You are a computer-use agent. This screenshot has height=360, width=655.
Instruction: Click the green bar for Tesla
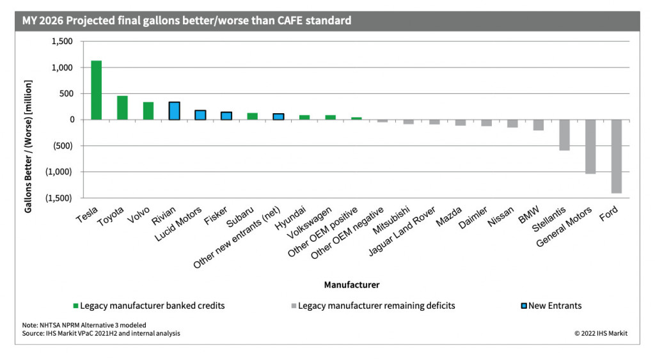[x=97, y=90]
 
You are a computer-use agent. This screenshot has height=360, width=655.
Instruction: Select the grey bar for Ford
[x=616, y=156]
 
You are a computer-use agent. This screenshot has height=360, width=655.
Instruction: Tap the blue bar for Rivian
[x=174, y=111]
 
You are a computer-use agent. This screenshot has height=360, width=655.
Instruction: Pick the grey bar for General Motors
[x=590, y=146]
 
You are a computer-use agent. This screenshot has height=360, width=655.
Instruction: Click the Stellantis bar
[x=564, y=135]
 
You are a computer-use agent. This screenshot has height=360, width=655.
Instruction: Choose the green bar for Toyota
[x=122, y=107]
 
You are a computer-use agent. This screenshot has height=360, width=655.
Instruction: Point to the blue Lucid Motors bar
[x=200, y=115]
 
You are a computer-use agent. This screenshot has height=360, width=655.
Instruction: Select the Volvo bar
[x=148, y=111]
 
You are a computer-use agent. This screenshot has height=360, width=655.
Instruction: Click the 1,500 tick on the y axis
[x=62, y=42]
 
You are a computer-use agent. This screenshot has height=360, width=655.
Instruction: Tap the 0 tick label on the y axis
[x=70, y=120]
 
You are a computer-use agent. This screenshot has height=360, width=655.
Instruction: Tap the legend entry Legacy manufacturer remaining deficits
[x=376, y=306]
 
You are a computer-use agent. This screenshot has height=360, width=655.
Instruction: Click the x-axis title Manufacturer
[x=351, y=284]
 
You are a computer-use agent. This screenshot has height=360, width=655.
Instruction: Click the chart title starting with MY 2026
[x=187, y=20]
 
